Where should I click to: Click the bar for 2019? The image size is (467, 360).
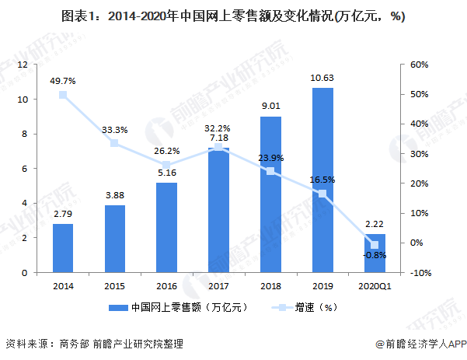coord(322,180)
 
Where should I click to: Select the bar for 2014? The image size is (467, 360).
coord(63,248)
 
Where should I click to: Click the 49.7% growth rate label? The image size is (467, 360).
coord(63,79)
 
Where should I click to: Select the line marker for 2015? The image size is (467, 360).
coord(115,143)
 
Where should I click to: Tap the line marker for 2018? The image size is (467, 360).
coord(270,171)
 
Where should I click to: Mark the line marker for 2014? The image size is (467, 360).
coord(63,95)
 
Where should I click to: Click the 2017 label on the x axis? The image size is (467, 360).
coord(218,285)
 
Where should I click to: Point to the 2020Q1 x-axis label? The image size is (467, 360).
coord(375,285)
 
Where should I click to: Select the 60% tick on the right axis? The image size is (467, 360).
coord(420,65)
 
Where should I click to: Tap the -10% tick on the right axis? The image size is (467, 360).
coord(420,273)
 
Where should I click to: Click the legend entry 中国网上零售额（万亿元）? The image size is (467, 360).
coord(182,307)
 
